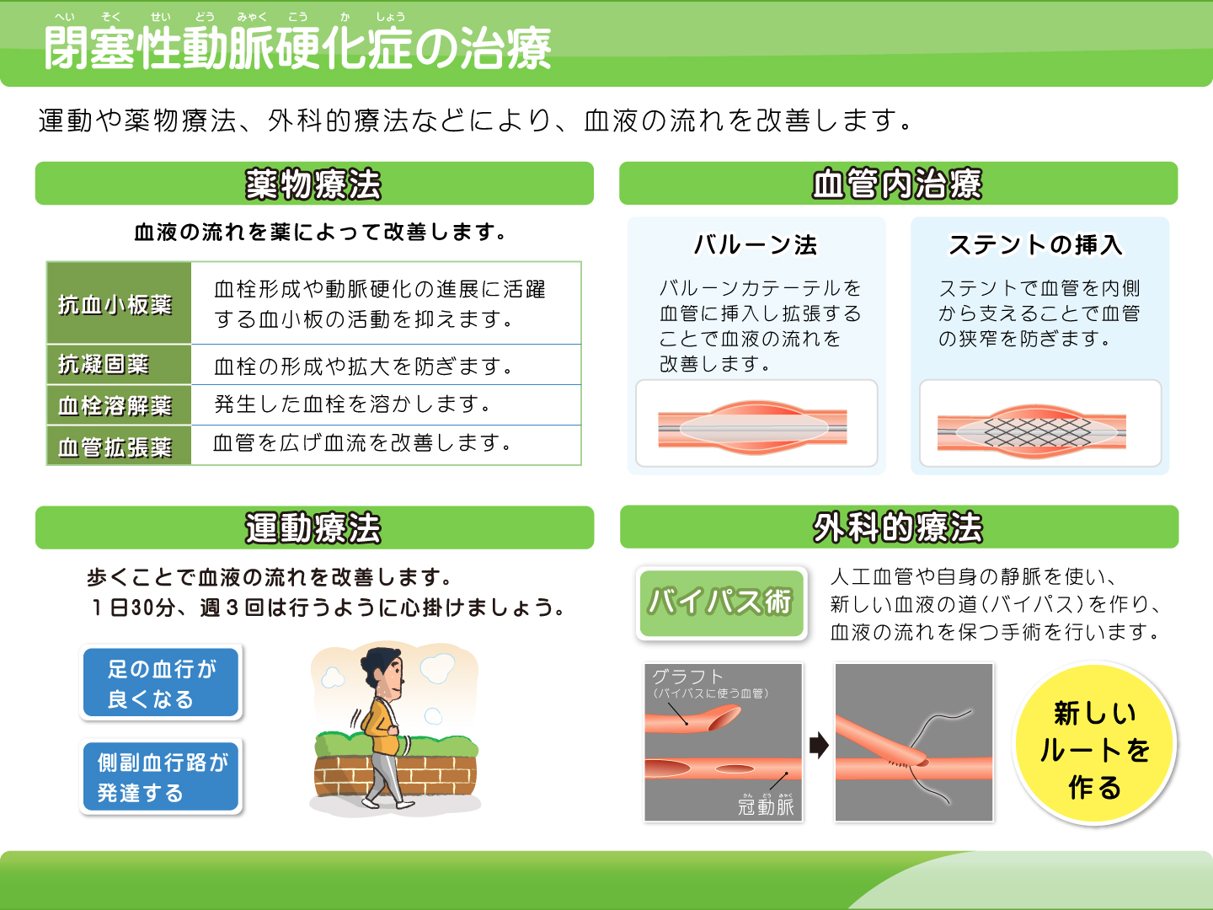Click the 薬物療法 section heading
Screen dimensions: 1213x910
(x=313, y=184)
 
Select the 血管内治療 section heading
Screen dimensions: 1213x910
(x=897, y=184)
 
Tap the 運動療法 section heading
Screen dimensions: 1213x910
(x=313, y=527)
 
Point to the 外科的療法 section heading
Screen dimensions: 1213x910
(x=897, y=527)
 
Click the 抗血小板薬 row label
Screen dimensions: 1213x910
(x=115, y=304)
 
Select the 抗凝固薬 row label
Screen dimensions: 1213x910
(x=104, y=364)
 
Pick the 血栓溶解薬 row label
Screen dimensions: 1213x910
(x=115, y=405)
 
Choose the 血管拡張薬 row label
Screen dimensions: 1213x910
(x=115, y=447)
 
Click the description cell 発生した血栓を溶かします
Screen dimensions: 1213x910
(x=353, y=404)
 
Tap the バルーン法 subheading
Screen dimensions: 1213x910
(x=756, y=244)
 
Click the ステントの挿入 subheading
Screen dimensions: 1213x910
(x=1035, y=244)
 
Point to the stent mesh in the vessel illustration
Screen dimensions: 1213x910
(x=1038, y=432)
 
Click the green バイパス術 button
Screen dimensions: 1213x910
(x=721, y=602)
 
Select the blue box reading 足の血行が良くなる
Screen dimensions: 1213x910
(x=161, y=682)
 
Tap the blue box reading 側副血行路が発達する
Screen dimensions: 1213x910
(x=161, y=776)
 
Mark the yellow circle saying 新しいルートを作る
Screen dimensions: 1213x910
(x=1095, y=743)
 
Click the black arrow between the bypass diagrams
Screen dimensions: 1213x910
(x=819, y=745)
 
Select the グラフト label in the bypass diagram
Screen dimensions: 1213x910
(x=687, y=677)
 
